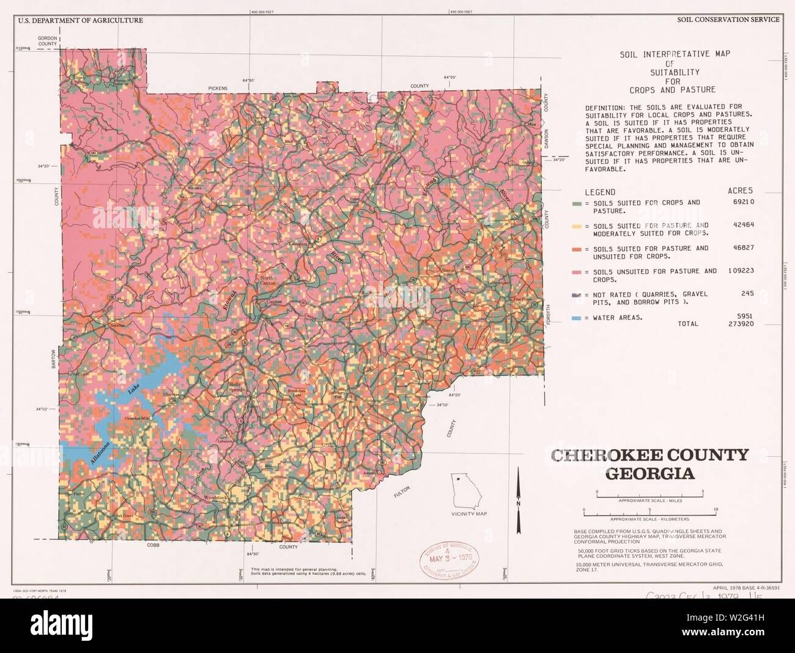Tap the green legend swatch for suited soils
576,203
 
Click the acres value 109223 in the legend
741,271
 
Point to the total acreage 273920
741,324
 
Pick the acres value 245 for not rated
747,293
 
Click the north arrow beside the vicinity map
519,498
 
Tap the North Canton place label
268,281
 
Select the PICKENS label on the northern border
217,89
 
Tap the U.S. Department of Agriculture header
80,20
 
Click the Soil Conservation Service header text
728,20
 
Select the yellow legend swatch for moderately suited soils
576,226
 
